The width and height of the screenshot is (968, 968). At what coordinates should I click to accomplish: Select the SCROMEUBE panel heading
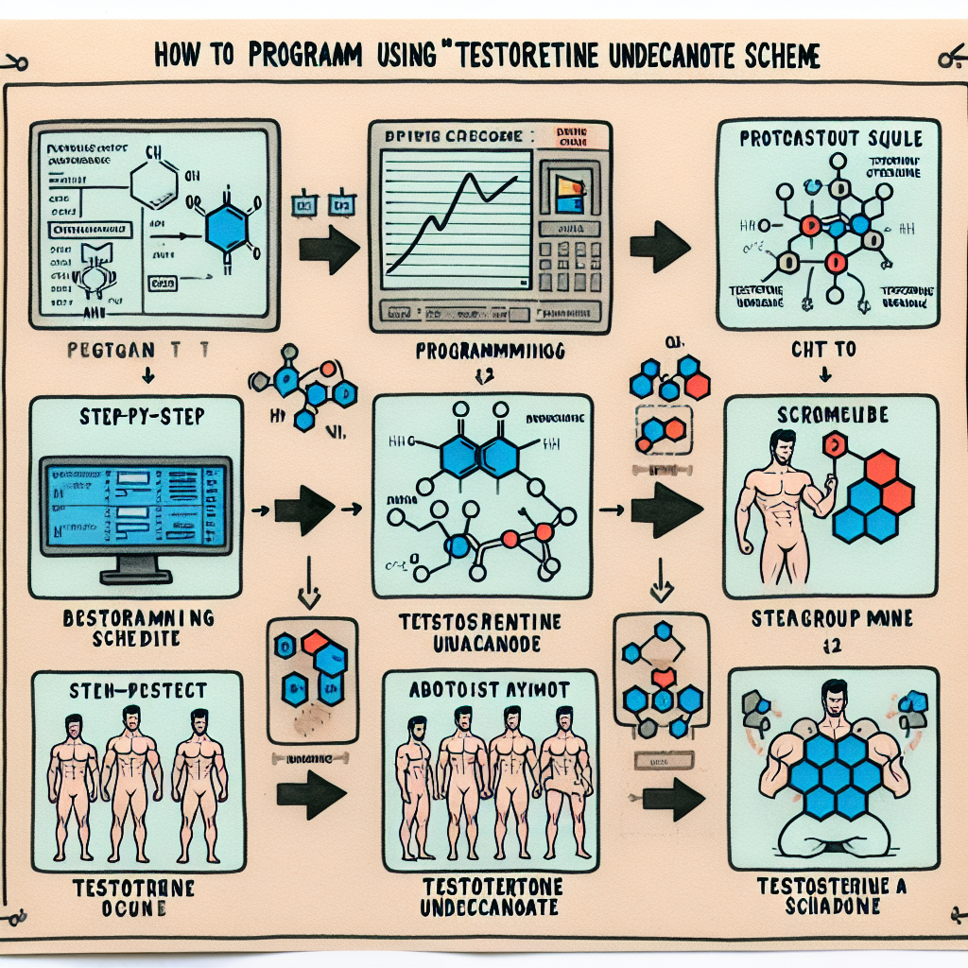pos(825,415)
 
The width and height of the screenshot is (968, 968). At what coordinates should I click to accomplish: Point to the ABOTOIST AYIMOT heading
pos(490,690)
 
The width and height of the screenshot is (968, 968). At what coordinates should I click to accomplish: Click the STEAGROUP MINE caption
pos(832,619)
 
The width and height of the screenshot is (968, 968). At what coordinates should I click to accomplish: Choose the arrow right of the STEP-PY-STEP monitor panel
pos(302,511)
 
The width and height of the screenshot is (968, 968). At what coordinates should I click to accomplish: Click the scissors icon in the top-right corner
pos(948,60)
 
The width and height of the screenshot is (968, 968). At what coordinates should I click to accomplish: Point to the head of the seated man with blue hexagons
pos(832,700)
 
